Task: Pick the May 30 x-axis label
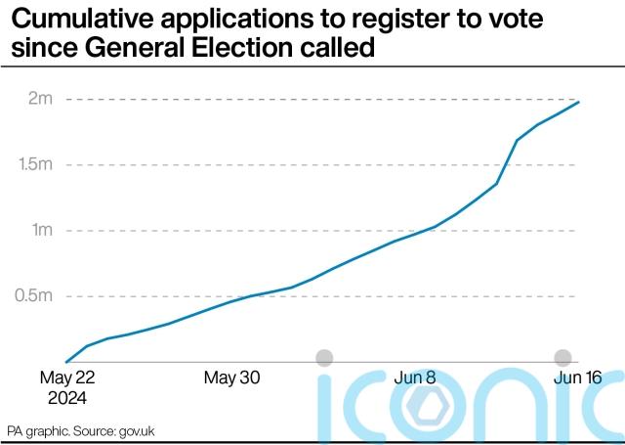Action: coord(231,378)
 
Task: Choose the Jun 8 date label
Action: coord(414,378)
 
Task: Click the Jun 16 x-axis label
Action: coord(577,378)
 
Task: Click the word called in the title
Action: coord(345,46)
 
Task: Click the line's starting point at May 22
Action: coord(65,362)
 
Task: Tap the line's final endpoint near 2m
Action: coord(579,102)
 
